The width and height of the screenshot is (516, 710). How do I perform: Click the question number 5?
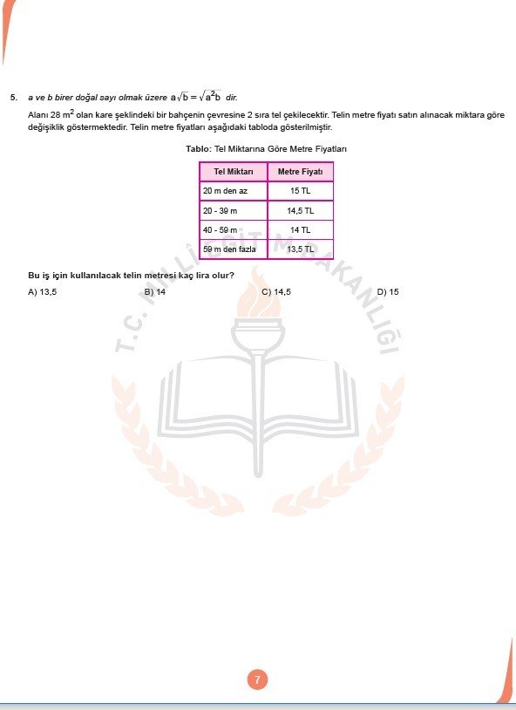tap(13, 98)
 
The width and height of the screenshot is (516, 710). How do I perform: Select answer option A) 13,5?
tap(43, 291)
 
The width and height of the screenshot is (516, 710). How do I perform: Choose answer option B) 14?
tap(155, 291)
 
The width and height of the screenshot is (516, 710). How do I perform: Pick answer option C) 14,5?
tap(276, 291)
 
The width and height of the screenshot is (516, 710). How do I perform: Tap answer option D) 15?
tap(388, 291)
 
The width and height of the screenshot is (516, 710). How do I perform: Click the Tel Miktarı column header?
tap(233, 171)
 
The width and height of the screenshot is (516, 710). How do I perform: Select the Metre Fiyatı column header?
tap(300, 171)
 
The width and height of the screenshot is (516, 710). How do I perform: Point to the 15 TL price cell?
tap(300, 190)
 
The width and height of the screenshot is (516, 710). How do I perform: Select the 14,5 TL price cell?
tap(300, 210)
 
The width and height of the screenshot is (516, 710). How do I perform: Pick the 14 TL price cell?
tap(300, 229)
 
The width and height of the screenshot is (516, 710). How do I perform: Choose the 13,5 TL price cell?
tap(300, 249)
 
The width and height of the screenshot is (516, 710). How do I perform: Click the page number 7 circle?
tap(257, 679)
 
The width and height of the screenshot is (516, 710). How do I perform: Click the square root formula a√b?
tap(184, 98)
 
